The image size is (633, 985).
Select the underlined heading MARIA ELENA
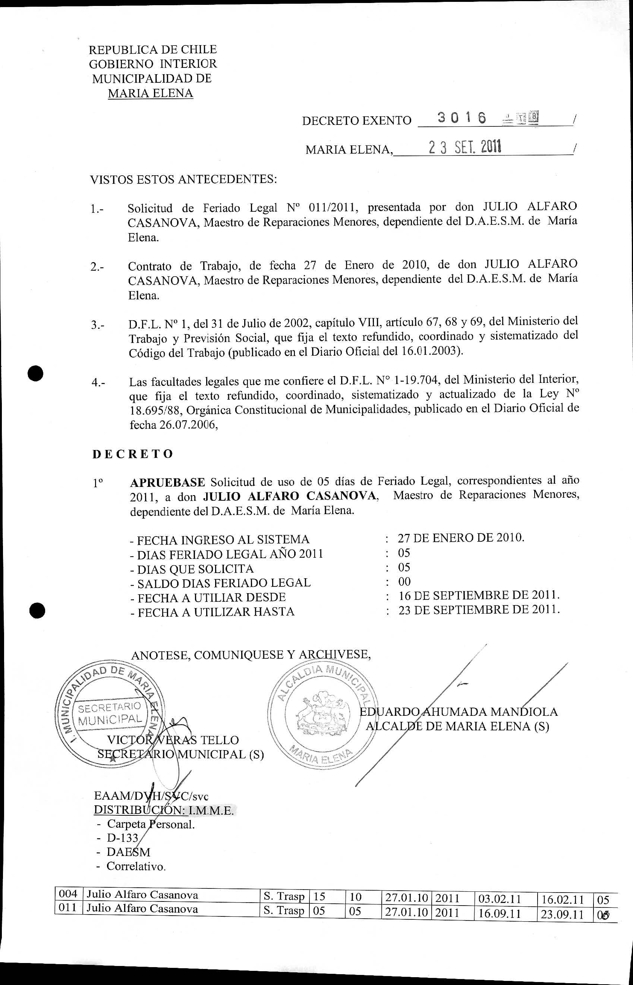pos(151,93)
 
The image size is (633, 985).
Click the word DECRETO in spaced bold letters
pos(132,454)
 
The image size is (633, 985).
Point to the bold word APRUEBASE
pos(167,482)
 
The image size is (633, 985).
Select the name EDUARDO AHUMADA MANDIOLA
pos(459,712)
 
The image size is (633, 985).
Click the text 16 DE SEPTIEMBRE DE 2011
pos(479,595)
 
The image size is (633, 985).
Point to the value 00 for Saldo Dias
pos(404,581)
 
